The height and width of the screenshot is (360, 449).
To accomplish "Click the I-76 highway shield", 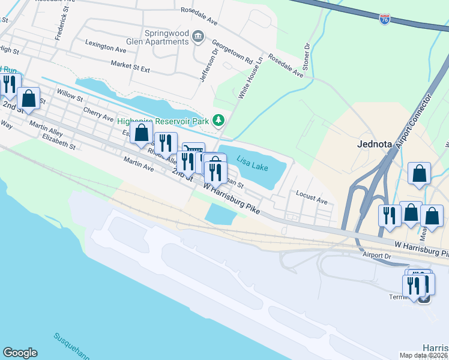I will [385, 19].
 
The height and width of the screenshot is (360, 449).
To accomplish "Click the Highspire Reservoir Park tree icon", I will [219, 121].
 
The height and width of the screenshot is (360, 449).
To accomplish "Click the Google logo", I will [20, 353].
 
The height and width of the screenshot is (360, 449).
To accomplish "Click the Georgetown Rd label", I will [231, 52].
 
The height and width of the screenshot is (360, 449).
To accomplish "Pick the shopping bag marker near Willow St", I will [28, 98].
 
